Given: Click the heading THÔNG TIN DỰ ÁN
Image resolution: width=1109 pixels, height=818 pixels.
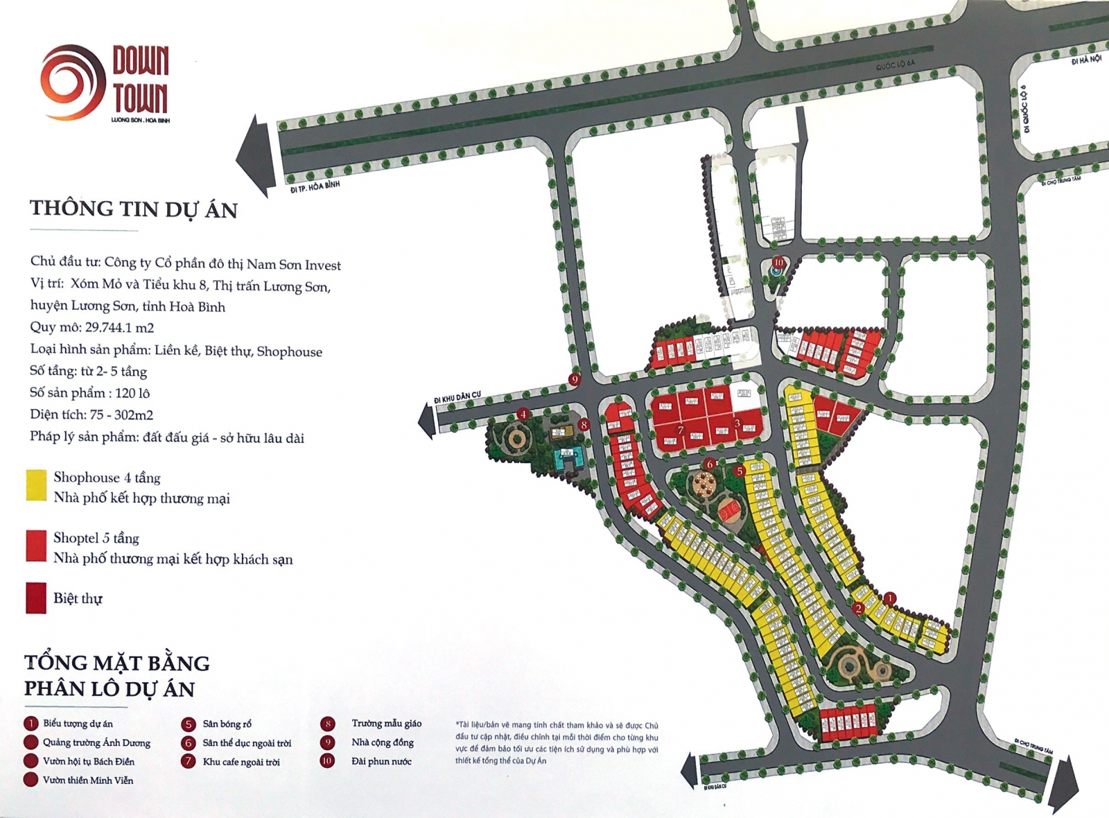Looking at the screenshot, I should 133,209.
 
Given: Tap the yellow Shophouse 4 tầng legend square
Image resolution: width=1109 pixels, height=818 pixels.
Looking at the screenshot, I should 36,485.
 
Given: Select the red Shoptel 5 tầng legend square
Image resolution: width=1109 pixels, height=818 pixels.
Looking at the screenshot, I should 36,546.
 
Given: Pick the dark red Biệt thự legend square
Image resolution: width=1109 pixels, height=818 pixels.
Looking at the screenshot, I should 36,598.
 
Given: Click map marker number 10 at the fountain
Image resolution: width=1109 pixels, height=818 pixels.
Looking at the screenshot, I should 778,263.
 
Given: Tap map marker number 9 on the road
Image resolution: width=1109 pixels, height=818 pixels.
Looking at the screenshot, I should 574,379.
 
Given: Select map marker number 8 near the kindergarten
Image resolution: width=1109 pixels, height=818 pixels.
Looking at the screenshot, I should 584,424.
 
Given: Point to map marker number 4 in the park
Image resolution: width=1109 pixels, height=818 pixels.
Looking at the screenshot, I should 523,415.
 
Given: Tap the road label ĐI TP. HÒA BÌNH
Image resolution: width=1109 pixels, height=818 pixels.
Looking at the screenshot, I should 315,187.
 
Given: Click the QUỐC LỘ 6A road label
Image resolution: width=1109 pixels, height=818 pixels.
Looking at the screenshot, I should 895,65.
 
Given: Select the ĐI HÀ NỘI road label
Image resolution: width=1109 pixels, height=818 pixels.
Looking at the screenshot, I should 1085,60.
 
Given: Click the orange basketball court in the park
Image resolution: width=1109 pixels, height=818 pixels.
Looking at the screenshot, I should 729,512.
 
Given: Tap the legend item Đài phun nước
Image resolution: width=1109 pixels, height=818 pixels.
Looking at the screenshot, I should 381,761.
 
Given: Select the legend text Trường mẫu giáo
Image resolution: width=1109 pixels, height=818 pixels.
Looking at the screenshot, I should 386,723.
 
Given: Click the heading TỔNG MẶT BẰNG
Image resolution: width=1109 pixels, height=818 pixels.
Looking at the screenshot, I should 116,663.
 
